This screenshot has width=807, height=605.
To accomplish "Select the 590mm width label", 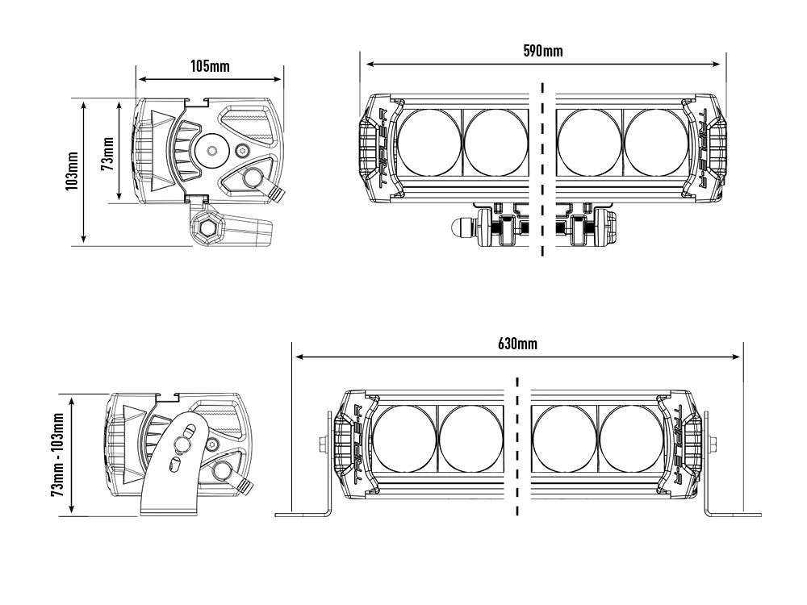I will pyautogui.click(x=544, y=51).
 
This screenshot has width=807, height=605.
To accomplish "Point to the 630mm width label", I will pyautogui.click(x=517, y=344).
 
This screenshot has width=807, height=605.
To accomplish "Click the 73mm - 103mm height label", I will pyautogui.click(x=57, y=455).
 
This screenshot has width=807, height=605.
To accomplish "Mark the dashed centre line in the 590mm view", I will pyautogui.click(x=543, y=169).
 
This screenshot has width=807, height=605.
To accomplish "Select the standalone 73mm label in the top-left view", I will pyautogui.click(x=106, y=152).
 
